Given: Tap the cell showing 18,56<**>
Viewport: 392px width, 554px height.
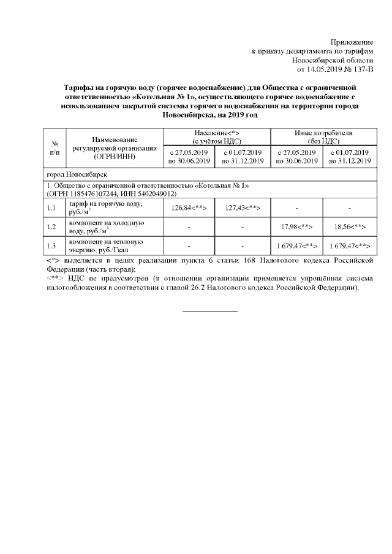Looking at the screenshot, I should click(350, 227).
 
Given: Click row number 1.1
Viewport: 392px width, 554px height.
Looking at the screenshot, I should click(53, 208).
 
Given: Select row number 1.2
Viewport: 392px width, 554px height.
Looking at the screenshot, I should click(53, 227).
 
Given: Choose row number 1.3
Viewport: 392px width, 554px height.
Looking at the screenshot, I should click(53, 246).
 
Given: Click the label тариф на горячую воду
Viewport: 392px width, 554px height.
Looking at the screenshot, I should click(106, 204).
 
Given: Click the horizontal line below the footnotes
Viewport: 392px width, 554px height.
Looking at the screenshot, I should click(210, 312).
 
